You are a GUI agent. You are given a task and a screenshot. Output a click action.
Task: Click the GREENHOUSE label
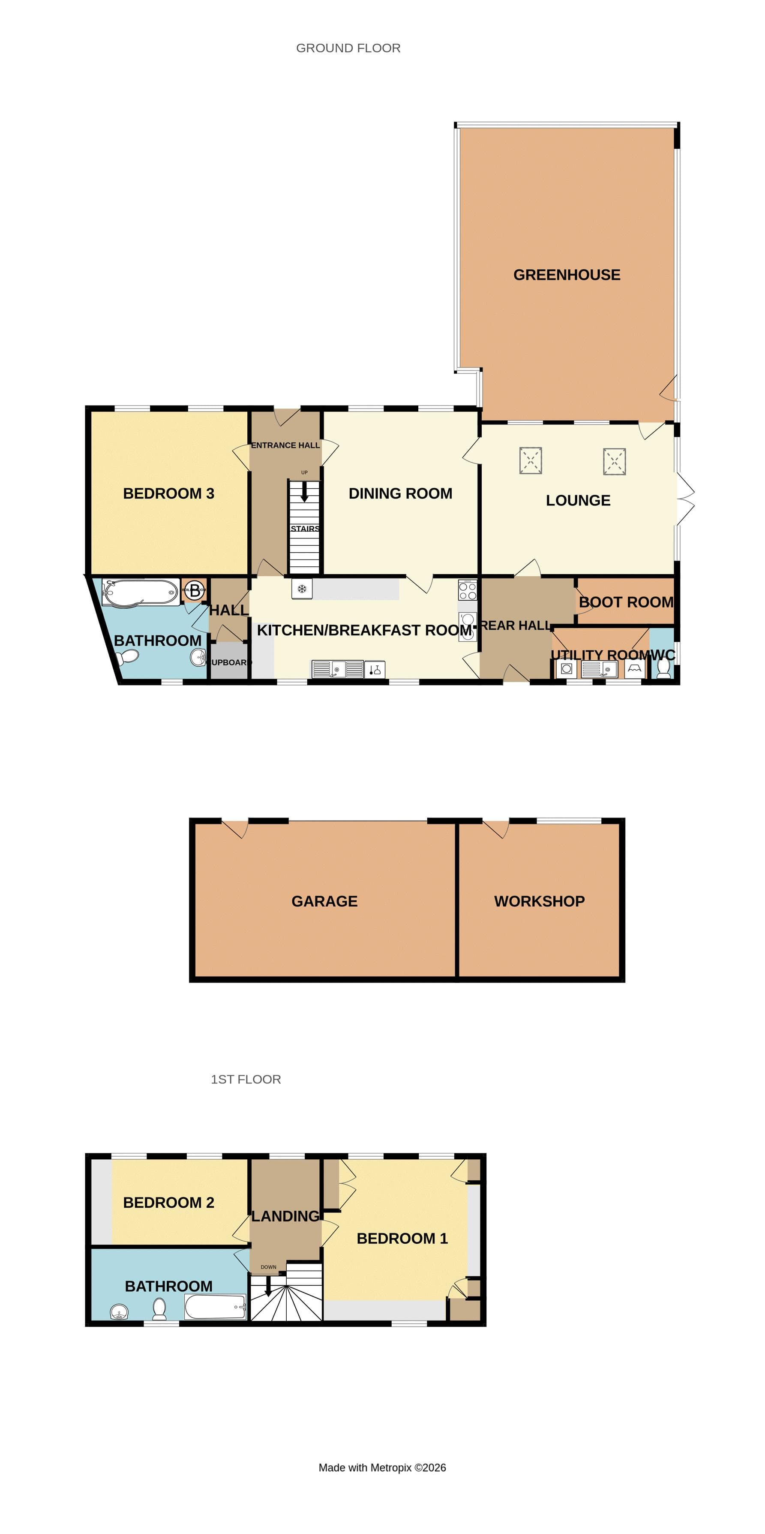tap(566, 274)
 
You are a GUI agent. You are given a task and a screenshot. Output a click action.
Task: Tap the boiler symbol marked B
tap(194, 591)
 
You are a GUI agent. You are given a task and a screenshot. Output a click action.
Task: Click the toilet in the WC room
tap(663, 669)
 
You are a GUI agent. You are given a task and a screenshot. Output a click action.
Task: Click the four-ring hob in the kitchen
tap(467, 590)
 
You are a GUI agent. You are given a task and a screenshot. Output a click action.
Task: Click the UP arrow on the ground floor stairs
tap(304, 492)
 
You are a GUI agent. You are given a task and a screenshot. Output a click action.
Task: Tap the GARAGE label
tap(324, 901)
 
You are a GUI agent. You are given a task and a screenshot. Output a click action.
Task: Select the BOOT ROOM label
tap(626, 602)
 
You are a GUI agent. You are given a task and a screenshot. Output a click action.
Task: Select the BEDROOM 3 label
tap(168, 493)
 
